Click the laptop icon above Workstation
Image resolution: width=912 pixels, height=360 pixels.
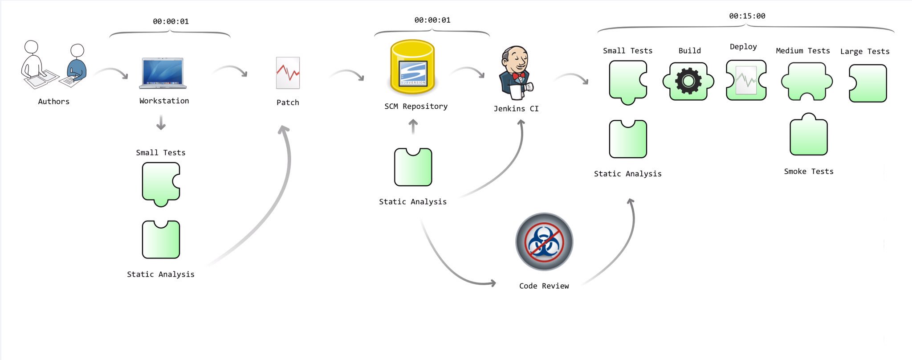[x=163, y=73]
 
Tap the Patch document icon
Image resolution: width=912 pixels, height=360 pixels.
[x=288, y=73]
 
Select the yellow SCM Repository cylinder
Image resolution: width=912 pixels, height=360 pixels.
[x=412, y=67]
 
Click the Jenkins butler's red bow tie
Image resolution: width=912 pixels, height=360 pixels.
[x=518, y=76]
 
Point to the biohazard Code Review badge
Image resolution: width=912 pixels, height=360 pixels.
[x=544, y=242]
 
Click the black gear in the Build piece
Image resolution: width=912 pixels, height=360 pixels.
[x=688, y=81]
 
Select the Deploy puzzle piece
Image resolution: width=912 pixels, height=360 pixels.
[x=746, y=80]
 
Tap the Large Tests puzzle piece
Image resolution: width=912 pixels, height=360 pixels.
[x=867, y=83]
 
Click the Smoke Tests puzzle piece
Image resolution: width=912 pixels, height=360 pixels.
[x=809, y=134]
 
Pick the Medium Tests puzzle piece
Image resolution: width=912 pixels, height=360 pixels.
[x=807, y=82]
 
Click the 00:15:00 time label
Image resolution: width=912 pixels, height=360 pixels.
[x=747, y=16]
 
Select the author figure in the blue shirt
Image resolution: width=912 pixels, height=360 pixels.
[x=77, y=65]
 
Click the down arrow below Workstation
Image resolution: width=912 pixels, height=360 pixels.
[x=161, y=123]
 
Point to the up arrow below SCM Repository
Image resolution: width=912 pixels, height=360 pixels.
[x=413, y=127]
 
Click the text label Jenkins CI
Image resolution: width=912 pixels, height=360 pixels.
[x=516, y=109]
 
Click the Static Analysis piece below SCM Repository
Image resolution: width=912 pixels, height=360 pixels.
[x=413, y=167]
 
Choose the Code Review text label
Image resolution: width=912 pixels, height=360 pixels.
[x=544, y=286]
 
